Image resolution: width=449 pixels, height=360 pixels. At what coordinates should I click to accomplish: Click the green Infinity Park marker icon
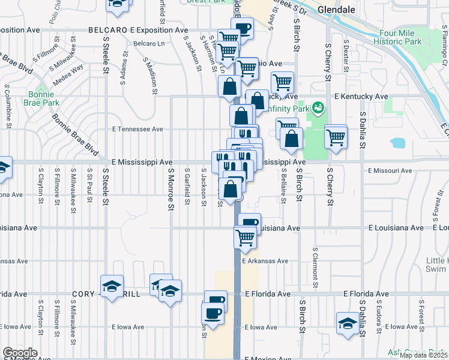[x=318, y=109]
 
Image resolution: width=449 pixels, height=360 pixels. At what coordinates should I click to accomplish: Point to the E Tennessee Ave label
[x=138, y=129]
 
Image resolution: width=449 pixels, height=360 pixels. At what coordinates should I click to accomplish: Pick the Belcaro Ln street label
[x=149, y=44]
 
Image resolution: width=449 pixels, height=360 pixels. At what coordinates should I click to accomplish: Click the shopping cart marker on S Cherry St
[x=336, y=137]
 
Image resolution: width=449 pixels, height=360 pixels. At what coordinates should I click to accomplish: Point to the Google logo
[x=20, y=353]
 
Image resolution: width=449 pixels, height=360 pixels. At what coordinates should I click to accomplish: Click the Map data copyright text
[x=423, y=355]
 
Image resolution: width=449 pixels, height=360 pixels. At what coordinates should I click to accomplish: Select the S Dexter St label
[x=346, y=53]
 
